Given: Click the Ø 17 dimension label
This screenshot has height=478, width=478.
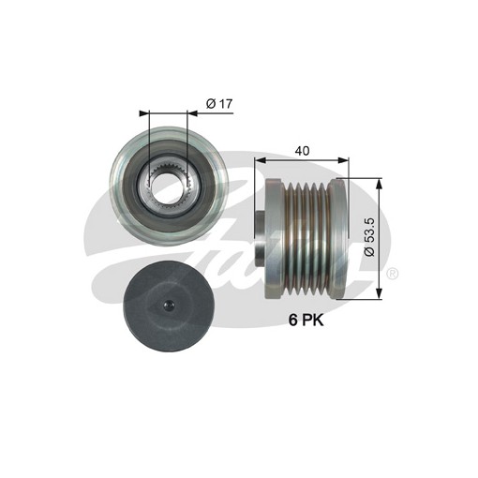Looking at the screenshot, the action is point(219,103).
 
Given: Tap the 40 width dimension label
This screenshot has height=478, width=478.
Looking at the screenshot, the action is point(302,151).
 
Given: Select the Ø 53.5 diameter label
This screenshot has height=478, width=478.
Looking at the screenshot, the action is point(369,237).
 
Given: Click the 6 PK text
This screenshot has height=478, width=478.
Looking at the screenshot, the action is point(306,321).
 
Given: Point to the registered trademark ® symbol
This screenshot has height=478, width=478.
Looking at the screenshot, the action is point(393,274).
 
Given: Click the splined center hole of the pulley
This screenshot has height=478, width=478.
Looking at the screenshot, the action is point(169,187).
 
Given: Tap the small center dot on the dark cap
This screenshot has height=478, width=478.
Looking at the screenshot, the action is point(169,305).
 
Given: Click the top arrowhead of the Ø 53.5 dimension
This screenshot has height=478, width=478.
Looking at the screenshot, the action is point(379,184).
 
